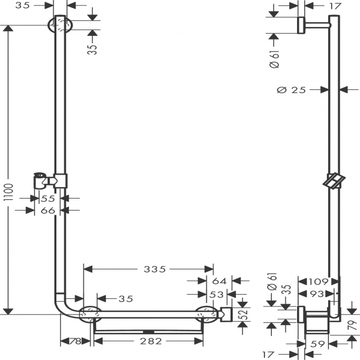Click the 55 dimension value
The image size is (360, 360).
[x=48, y=198]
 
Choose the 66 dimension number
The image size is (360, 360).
[x=48, y=210]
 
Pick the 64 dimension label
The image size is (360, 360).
[x=218, y=281]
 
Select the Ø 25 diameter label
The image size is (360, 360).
[x=292, y=90]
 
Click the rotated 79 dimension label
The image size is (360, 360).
[x=351, y=325]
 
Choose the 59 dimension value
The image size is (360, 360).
[x=317, y=346]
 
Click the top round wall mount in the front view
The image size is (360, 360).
[x=59, y=25]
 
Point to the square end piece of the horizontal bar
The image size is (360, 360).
[x=227, y=314]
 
